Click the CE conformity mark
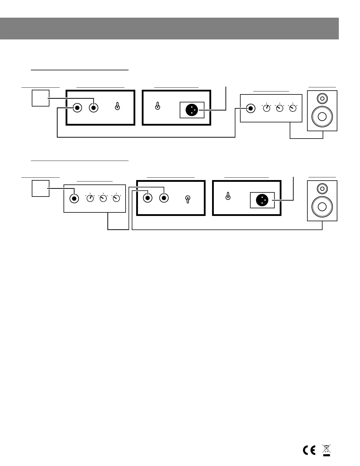(x=309, y=451)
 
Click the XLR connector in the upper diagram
(x=191, y=110)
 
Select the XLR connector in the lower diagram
(x=262, y=200)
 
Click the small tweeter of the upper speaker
(x=322, y=98)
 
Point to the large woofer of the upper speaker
(x=322, y=116)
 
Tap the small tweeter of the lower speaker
(x=322, y=188)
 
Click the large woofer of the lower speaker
(x=322, y=207)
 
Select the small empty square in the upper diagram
(x=40, y=98)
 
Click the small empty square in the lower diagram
(x=40, y=188)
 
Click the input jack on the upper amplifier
(x=251, y=108)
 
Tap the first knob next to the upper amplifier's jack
(x=266, y=108)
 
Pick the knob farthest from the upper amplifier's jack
(x=293, y=108)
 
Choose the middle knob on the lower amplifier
(x=103, y=199)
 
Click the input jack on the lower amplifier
(x=74, y=199)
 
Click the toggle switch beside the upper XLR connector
(x=158, y=106)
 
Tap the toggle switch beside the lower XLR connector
(x=228, y=196)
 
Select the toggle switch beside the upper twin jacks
(x=117, y=106)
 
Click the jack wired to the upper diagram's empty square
(x=94, y=108)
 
